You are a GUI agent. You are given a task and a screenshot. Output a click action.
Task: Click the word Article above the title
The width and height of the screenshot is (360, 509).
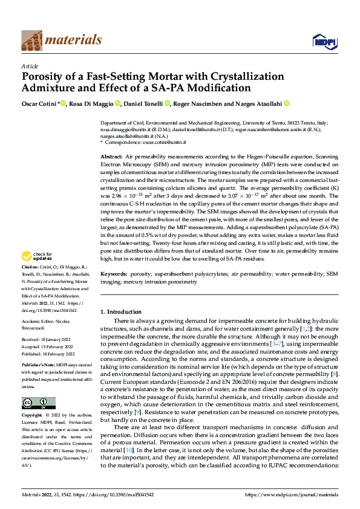pyautogui.click(x=29, y=66)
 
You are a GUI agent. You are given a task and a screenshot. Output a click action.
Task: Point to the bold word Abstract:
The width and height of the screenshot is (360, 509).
pyautogui.click(x=111, y=157)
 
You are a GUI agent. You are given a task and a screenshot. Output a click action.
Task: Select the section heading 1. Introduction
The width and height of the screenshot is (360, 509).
pyautogui.click(x=120, y=312)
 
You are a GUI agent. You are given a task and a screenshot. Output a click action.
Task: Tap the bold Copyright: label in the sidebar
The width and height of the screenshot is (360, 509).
pyautogui.click(x=32, y=416)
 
